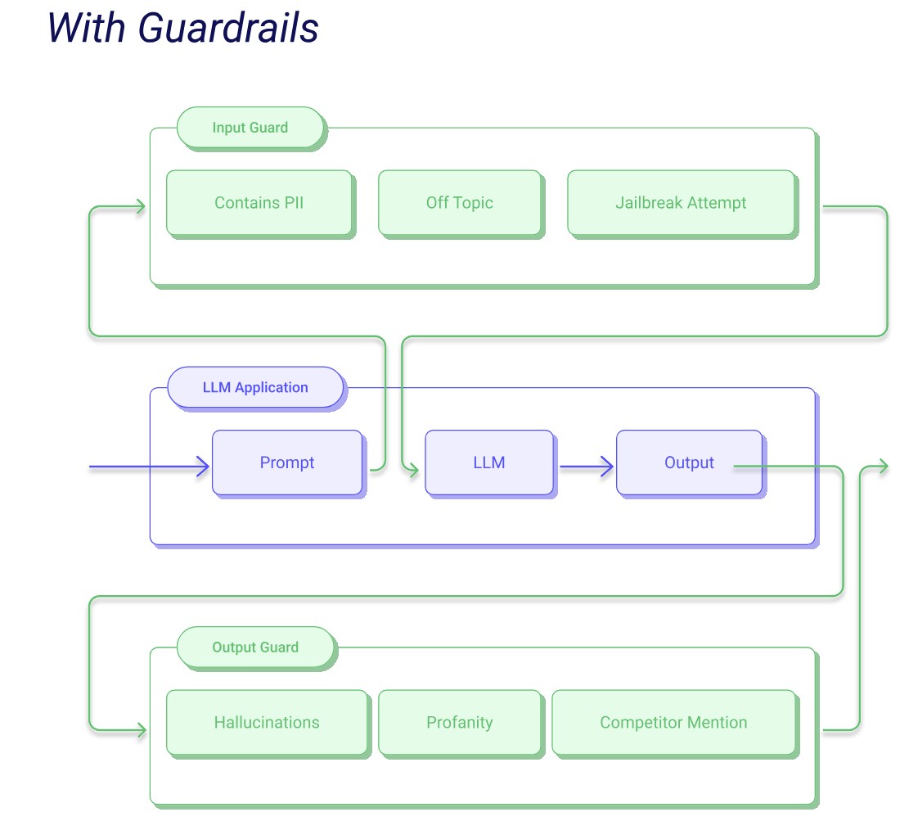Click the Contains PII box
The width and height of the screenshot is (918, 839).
tap(259, 203)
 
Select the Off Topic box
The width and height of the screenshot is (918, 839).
tap(459, 203)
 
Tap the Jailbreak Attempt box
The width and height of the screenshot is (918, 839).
tap(681, 203)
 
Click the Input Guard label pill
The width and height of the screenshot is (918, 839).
tap(250, 128)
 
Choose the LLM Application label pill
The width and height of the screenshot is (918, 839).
tap(255, 387)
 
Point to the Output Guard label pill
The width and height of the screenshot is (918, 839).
tap(255, 647)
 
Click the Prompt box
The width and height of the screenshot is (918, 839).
tap(286, 462)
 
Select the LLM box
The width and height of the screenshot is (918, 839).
tap(488, 462)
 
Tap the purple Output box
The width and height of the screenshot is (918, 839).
tap(689, 462)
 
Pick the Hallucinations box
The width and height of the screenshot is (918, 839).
tap(267, 723)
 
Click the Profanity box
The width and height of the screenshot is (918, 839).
tap(459, 723)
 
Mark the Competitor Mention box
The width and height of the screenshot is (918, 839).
tap(673, 723)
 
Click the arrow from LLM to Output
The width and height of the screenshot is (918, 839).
tap(586, 467)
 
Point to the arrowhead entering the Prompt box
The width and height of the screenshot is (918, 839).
tap(202, 467)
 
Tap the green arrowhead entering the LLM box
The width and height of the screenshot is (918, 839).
tap(412, 470)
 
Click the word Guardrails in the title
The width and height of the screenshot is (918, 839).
tap(227, 28)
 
